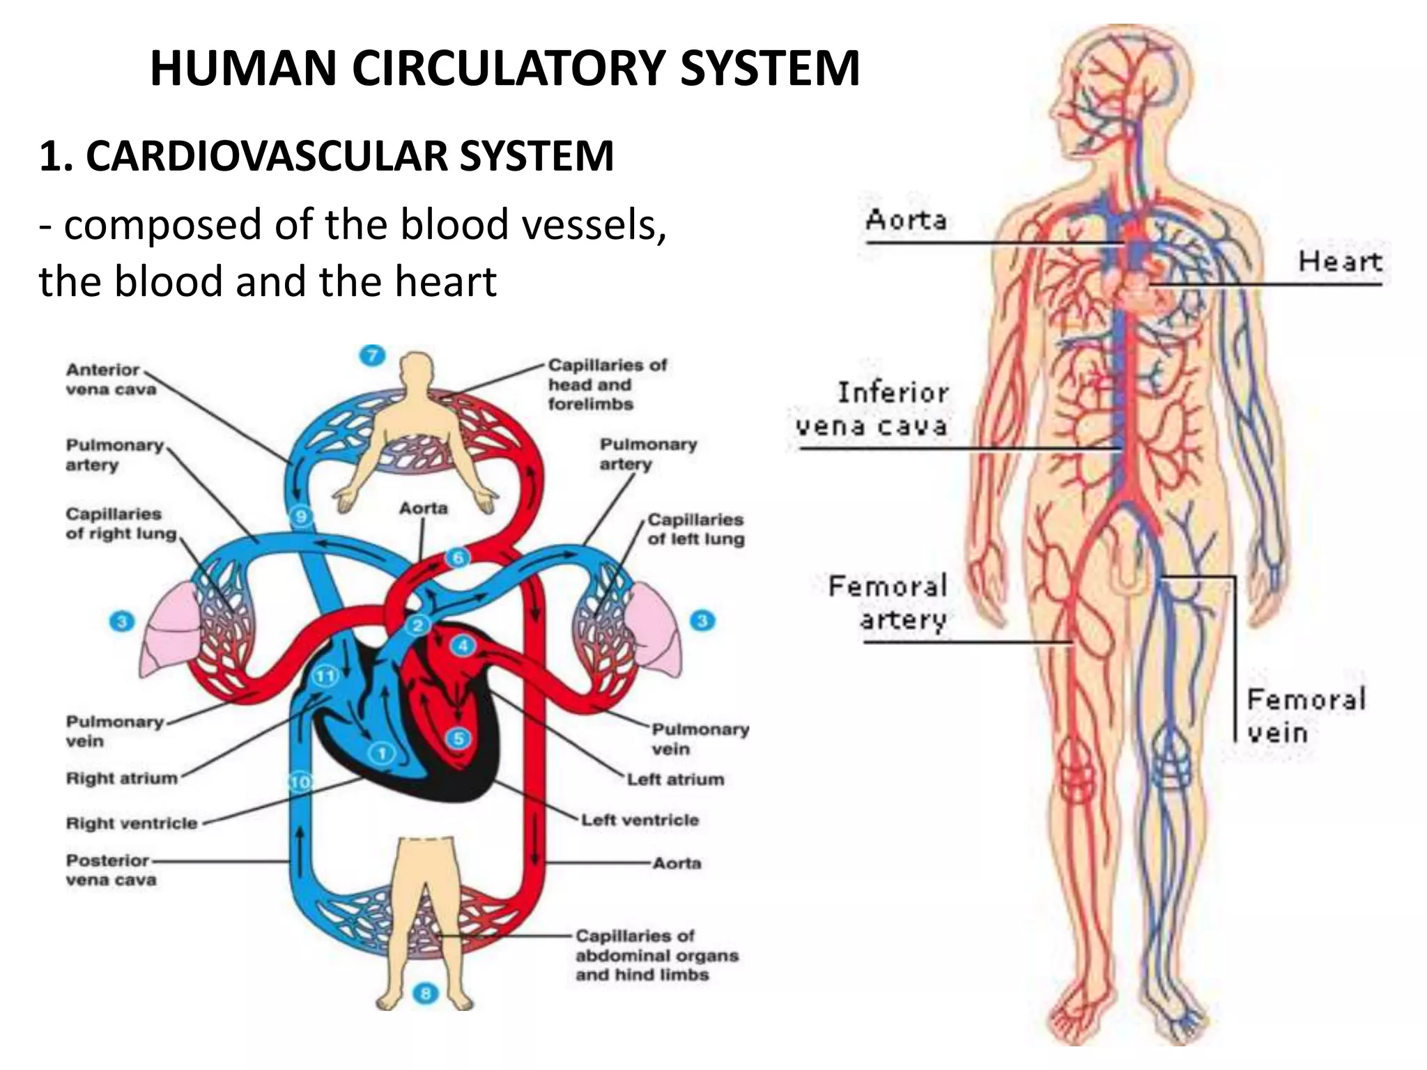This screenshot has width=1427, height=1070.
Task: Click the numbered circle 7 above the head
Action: click(372, 356)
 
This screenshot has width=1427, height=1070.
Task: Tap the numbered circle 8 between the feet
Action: click(426, 993)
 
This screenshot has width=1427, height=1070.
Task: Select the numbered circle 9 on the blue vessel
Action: click(301, 516)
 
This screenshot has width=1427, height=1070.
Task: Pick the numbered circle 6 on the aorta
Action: click(458, 557)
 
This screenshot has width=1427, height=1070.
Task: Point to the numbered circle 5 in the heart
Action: click(458, 738)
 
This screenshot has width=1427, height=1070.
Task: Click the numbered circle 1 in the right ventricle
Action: click(382, 753)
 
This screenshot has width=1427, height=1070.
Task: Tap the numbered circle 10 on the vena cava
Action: click(300, 782)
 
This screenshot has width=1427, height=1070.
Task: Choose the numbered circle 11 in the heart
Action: click(325, 675)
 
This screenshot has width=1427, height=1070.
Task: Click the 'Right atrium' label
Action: click(122, 778)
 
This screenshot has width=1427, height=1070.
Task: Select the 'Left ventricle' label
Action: click(640, 820)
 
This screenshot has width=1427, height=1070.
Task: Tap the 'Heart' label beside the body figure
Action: click(1339, 262)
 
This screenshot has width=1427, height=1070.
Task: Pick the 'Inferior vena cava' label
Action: click(872, 410)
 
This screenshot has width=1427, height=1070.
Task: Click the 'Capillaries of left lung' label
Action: click(695, 529)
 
